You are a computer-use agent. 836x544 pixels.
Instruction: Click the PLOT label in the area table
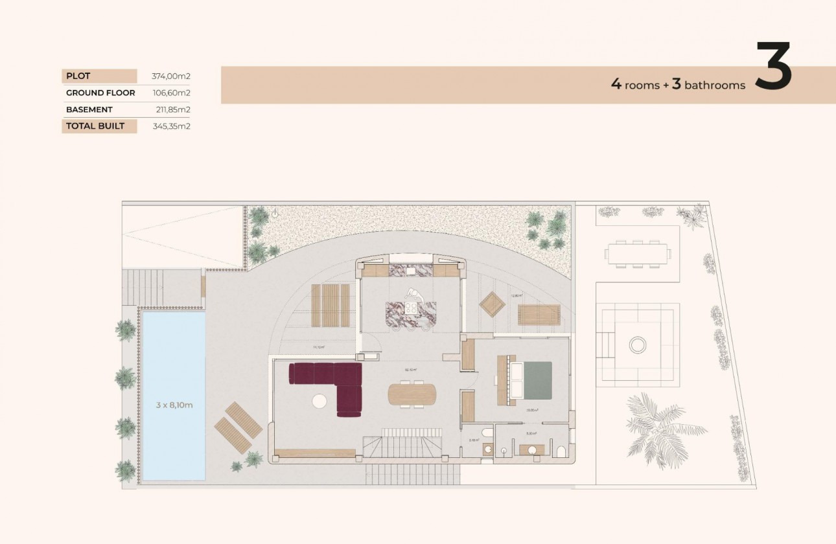coord(78,76)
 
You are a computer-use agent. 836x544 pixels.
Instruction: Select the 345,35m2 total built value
coord(170,126)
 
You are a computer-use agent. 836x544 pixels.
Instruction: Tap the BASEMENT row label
coord(89,109)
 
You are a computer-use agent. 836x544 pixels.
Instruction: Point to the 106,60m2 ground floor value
coord(170,93)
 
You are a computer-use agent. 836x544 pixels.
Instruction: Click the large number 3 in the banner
coord(774,66)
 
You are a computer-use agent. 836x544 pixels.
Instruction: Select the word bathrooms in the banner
coord(715,85)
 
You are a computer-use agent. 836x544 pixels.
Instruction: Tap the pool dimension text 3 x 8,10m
coord(174,405)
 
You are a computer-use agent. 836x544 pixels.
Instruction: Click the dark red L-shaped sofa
coord(331,383)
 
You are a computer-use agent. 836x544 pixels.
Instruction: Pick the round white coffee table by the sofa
coord(319,402)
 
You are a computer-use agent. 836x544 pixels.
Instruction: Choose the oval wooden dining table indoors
coord(412,394)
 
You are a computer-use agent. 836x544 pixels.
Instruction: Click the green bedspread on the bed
coord(537,380)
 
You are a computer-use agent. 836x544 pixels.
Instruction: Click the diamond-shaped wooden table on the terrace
coord(493,304)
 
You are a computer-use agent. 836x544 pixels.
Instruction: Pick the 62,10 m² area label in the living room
coord(410,370)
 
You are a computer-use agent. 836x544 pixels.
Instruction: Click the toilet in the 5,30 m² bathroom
coord(561,451)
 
